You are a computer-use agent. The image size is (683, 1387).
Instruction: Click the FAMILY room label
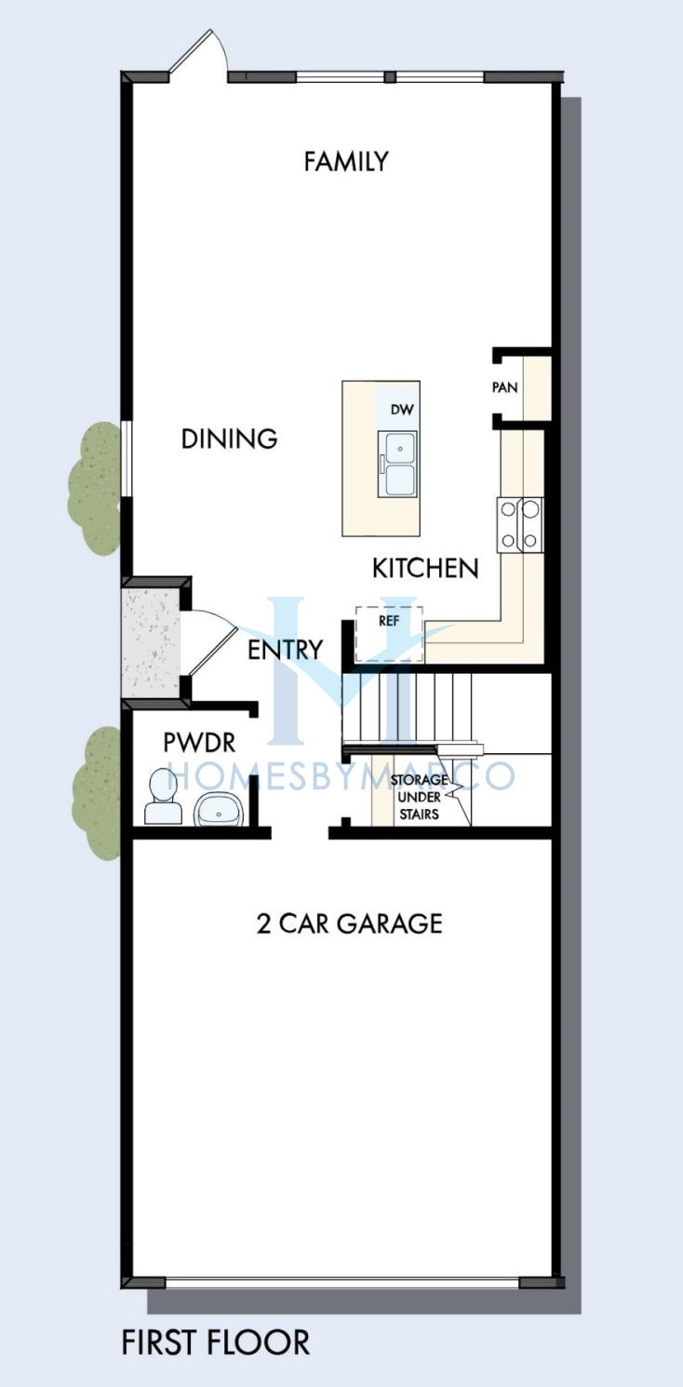tap(346, 162)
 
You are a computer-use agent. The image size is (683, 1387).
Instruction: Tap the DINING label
tap(229, 438)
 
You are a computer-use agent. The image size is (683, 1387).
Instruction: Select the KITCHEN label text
tap(425, 569)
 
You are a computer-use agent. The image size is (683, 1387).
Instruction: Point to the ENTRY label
tap(285, 650)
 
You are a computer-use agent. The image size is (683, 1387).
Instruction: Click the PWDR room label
tap(199, 743)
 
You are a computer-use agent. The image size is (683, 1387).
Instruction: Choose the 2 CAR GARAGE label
tap(350, 923)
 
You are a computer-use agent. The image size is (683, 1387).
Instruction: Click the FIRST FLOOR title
tap(216, 1341)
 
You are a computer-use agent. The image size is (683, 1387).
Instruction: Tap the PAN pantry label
tap(504, 387)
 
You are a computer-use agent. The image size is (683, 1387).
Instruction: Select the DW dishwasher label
tap(402, 410)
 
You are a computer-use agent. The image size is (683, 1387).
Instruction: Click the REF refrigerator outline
tap(390, 633)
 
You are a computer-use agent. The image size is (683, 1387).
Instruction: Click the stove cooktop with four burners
tap(520, 525)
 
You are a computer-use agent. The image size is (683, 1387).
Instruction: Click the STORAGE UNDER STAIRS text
tap(420, 797)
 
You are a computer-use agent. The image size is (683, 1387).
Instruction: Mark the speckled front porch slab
tap(151, 642)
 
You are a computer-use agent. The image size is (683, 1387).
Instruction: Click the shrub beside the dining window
tap(95, 489)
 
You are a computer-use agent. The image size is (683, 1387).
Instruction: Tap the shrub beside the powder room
tap(97, 793)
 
